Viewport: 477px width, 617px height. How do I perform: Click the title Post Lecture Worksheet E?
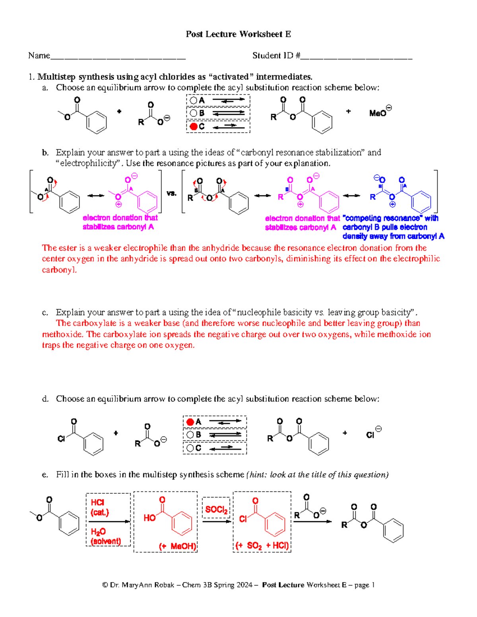[x=238, y=34]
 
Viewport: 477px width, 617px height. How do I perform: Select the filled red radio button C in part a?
[x=194, y=126]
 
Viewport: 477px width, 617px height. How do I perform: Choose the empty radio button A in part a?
[x=194, y=101]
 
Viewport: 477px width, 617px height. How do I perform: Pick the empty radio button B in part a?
[x=194, y=113]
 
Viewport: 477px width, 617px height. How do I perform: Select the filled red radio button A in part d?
[x=190, y=422]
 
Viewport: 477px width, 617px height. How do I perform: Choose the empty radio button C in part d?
[x=190, y=448]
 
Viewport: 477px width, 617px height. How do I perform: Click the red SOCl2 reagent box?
[x=216, y=509]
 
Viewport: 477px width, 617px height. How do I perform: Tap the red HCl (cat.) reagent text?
[x=99, y=507]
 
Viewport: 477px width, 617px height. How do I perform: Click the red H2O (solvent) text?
[x=105, y=536]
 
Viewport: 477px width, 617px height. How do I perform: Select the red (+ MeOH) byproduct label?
[x=177, y=546]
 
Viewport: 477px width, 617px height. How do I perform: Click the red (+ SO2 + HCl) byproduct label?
[x=262, y=545]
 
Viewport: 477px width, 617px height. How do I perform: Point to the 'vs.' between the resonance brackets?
[x=171, y=193]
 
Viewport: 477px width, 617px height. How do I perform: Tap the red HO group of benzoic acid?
[x=149, y=518]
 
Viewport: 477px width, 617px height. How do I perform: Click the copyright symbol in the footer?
[x=105, y=585]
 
